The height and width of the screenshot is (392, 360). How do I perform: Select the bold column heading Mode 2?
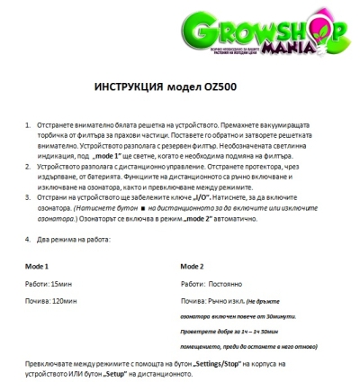193,268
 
